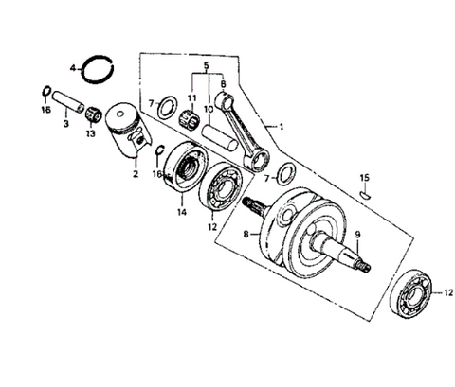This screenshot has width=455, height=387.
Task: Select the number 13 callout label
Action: tap(90, 133)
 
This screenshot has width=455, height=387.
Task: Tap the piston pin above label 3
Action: tap(68, 100)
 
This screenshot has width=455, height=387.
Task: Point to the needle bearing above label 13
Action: tap(93, 114)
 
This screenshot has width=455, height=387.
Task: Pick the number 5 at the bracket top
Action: tap(207, 65)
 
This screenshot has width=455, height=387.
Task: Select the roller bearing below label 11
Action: tap(188, 119)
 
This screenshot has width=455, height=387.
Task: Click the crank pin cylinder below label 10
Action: tap(220, 138)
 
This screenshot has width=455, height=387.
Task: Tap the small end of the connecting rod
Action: tap(224, 99)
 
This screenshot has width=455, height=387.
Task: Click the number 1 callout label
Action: tap(281, 127)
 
